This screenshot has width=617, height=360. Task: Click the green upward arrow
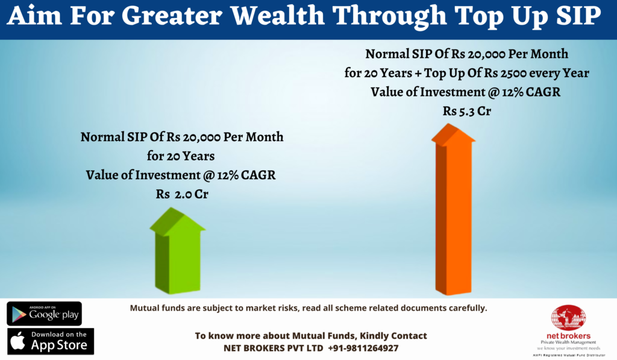click(x=178, y=252)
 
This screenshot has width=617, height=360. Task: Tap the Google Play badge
click(x=45, y=314)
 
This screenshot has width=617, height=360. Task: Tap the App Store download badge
click(x=51, y=341)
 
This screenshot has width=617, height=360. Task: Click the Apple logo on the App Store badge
click(x=17, y=341)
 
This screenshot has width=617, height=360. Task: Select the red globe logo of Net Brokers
click(x=569, y=317)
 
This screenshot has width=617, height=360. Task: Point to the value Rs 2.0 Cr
click(x=182, y=194)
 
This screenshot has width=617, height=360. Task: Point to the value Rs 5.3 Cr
click(x=467, y=111)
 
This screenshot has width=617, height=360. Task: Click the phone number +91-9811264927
click(x=363, y=348)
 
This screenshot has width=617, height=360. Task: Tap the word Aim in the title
click(x=34, y=16)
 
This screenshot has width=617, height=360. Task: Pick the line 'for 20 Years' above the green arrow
click(x=181, y=156)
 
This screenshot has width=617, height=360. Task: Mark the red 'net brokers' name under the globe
click(x=569, y=336)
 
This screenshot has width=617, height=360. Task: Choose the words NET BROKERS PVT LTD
click(x=273, y=348)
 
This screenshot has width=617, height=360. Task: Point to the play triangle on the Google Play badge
click(x=19, y=314)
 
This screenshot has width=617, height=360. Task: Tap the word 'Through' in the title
click(x=390, y=16)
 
